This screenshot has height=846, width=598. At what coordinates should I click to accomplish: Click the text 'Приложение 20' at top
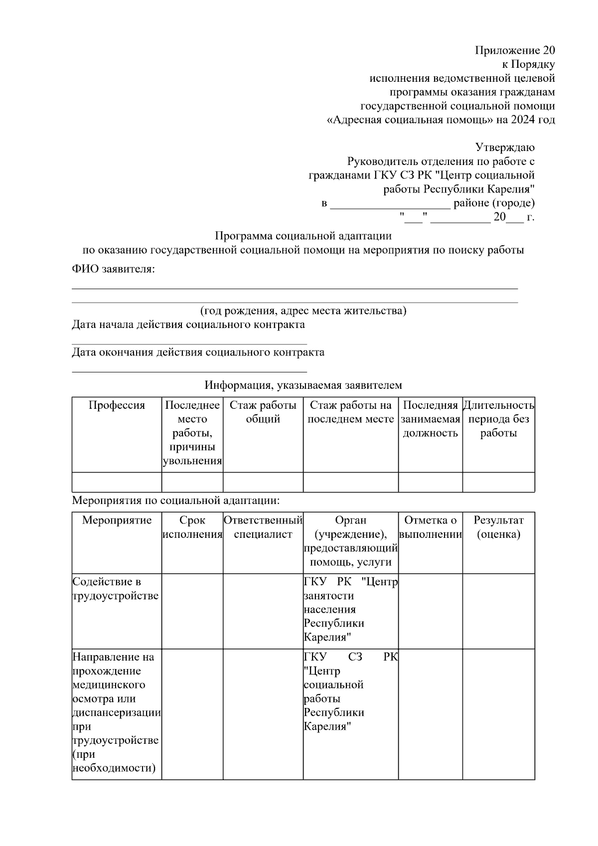(515, 50)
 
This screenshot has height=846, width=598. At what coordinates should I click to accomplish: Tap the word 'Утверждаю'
(505, 148)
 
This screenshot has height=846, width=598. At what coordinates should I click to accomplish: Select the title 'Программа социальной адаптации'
(303, 236)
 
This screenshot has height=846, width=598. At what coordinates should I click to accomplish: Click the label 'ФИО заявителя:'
(113, 270)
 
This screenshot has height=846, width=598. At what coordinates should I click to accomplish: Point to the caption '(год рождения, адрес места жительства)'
(303, 311)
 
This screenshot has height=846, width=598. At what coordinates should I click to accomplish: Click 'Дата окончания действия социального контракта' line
(198, 352)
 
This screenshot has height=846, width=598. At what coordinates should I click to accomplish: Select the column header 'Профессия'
(117, 405)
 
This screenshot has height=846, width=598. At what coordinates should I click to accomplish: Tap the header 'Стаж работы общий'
(263, 412)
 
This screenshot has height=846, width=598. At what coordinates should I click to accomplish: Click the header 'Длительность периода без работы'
(498, 419)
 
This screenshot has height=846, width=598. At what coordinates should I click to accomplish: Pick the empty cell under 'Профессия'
(117, 482)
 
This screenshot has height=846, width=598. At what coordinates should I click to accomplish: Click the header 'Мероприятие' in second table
(117, 520)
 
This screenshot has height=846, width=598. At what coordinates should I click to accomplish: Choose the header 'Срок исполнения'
(192, 527)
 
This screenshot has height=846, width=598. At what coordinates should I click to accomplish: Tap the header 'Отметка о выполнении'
(430, 527)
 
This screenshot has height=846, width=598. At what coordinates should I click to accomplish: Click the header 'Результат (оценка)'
(498, 527)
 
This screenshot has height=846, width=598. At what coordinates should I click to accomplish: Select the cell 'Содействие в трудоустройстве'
(116, 589)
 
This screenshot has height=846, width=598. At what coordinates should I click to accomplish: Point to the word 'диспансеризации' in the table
(117, 712)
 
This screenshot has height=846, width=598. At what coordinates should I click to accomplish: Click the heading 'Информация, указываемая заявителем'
(303, 385)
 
